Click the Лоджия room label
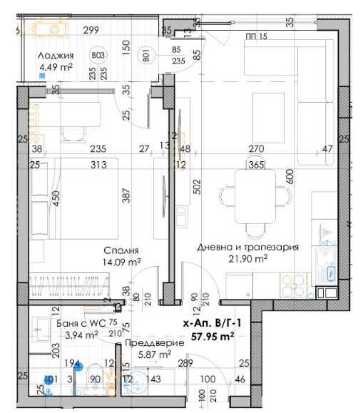click(55, 56)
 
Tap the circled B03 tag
click(99, 54)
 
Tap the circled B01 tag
click(145, 54)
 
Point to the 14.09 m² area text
click(121, 262)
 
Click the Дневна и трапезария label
click(247, 247)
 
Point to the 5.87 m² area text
click(155, 355)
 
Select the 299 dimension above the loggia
click(90, 30)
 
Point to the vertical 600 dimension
click(290, 176)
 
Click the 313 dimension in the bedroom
click(98, 165)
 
